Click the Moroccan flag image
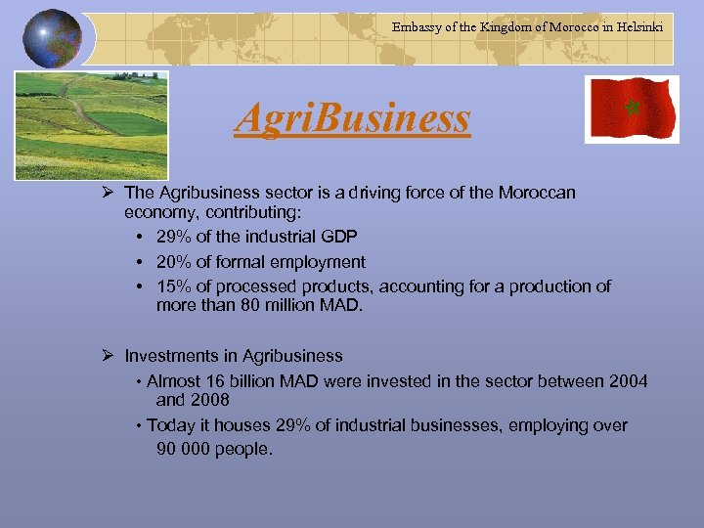pyautogui.click(x=631, y=110)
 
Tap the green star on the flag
pyautogui.click(x=632, y=107)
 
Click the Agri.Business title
pyautogui.click(x=352, y=119)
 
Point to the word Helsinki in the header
pyautogui.click(x=638, y=27)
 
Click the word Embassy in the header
pyautogui.click(x=418, y=27)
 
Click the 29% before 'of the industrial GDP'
pyautogui.click(x=173, y=237)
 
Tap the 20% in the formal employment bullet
pyautogui.click(x=173, y=261)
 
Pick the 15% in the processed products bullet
pyautogui.click(x=173, y=286)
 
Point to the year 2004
pyautogui.click(x=627, y=381)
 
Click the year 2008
pyautogui.click(x=209, y=400)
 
